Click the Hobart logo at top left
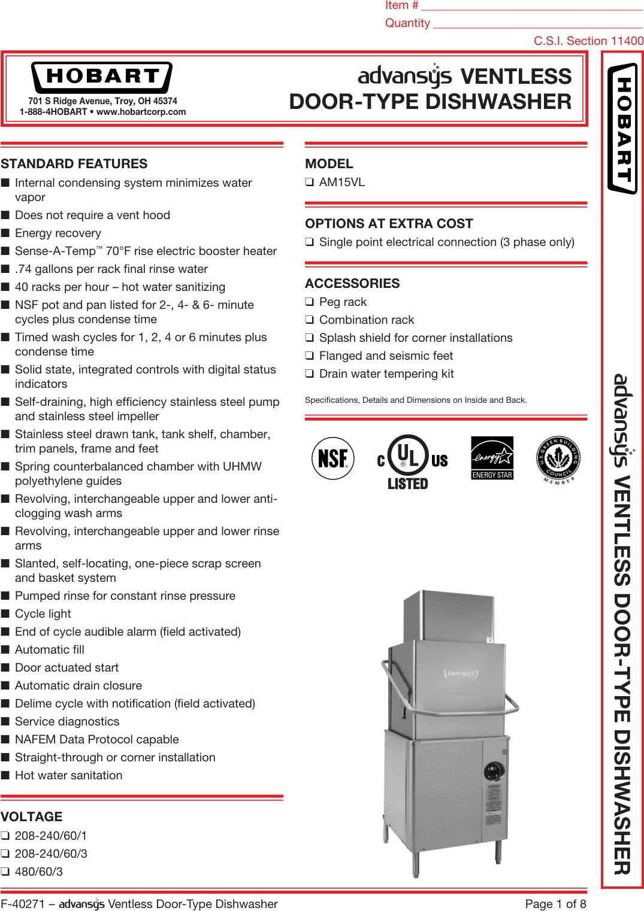click(x=102, y=77)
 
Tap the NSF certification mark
click(x=333, y=458)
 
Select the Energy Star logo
click(x=492, y=458)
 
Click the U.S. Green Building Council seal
click(x=558, y=460)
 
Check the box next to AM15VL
click(x=309, y=183)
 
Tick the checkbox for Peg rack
click(x=309, y=302)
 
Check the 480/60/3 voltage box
click(x=5, y=872)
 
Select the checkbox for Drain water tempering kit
click(x=309, y=374)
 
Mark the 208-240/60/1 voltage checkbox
click(x=5, y=836)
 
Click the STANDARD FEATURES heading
click(x=74, y=164)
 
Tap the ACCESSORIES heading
click(x=352, y=284)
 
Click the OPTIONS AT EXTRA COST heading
click(x=389, y=224)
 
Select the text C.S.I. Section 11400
click(x=588, y=41)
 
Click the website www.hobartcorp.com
click(x=141, y=112)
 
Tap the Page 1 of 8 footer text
click(x=555, y=904)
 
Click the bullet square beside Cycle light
click(x=5, y=614)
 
